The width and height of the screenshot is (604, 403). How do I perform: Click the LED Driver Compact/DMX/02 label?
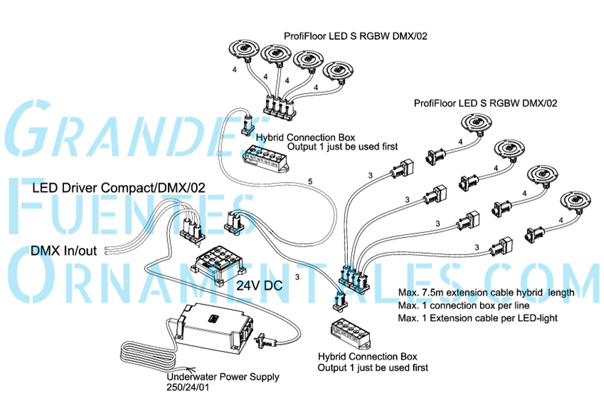[119, 188]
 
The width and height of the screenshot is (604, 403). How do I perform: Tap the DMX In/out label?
[63, 251]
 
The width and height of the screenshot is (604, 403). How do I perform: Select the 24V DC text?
[259, 285]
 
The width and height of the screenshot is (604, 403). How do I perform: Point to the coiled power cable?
[148, 355]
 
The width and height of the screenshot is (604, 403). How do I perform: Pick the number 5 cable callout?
[310, 181]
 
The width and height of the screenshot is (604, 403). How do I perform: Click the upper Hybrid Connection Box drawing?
[266, 159]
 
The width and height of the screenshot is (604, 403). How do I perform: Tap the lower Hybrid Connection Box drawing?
[350, 334]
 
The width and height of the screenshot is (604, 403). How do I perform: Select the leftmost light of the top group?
[244, 50]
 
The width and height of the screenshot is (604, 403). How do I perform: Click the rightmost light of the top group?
[338, 71]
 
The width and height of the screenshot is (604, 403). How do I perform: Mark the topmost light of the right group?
[477, 123]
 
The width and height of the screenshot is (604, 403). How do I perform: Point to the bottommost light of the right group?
[576, 201]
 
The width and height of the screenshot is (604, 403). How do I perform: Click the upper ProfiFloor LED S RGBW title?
[355, 36]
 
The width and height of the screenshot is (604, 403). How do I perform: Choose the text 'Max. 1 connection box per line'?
[464, 305]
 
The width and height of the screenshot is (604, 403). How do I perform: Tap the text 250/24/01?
[188, 387]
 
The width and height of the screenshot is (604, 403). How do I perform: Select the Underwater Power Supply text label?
[222, 377]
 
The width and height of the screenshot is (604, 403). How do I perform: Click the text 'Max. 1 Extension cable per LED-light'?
[478, 318]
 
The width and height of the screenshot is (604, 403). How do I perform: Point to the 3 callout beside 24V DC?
[297, 277]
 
